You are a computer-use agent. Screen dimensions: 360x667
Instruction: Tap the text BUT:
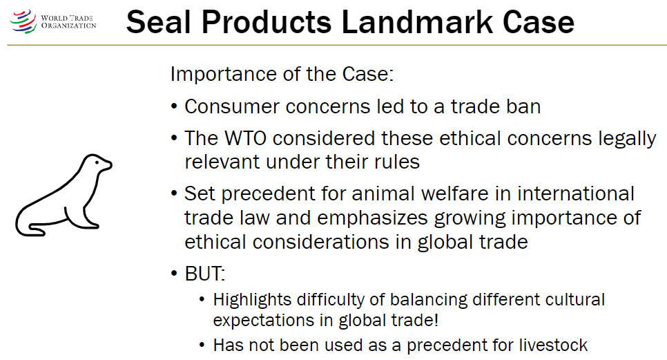pyautogui.click(x=205, y=274)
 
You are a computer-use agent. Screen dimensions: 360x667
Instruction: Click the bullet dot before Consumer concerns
pyautogui.click(x=175, y=108)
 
